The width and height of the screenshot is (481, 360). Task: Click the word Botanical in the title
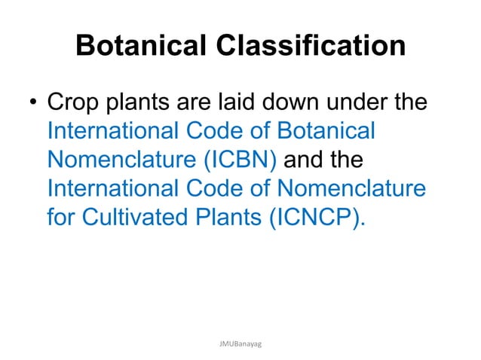(139, 47)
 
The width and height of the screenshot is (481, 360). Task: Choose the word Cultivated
(139, 218)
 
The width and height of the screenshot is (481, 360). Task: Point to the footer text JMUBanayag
(240, 342)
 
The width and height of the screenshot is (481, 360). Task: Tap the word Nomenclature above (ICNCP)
(347, 189)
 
